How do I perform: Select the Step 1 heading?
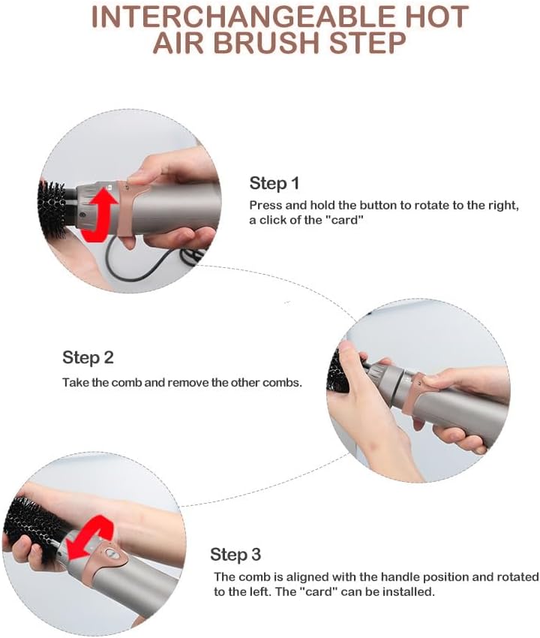tap(274, 183)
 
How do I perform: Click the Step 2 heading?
tap(88, 357)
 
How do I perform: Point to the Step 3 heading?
tap(235, 554)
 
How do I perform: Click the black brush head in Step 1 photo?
tap(52, 209)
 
